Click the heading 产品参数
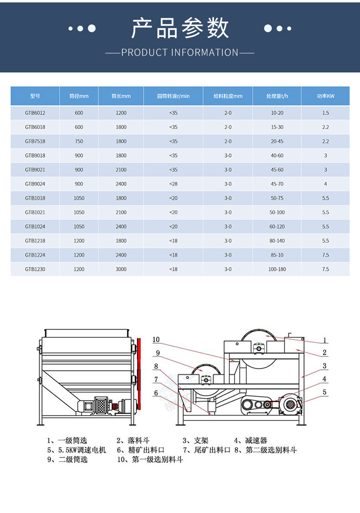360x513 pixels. (180, 28)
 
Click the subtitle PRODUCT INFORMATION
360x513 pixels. (180, 52)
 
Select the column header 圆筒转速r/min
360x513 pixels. (173, 96)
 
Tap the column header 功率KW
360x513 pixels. (325, 96)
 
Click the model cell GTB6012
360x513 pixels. (35, 113)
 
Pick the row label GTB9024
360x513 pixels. (35, 184)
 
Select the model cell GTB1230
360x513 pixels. (35, 269)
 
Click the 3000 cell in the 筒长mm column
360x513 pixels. (121, 269)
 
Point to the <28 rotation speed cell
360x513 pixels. (173, 184)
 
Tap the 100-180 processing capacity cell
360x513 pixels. (277, 269)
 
